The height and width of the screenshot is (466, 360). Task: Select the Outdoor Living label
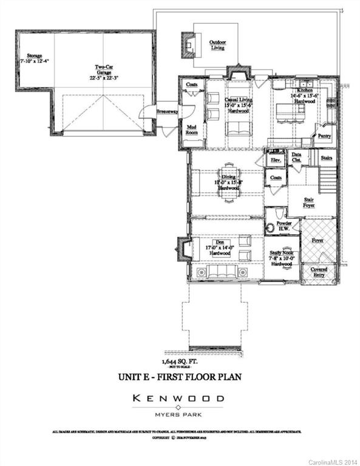pyautogui.click(x=217, y=46)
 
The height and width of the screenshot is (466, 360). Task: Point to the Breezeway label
pyautogui.click(x=167, y=112)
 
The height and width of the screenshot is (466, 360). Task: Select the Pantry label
pyautogui.click(x=324, y=137)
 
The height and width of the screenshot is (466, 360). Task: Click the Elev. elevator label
pyautogui.click(x=275, y=160)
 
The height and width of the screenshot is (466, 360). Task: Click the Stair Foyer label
pyautogui.click(x=309, y=202)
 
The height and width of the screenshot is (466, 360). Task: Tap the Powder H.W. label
pyautogui.click(x=284, y=226)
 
